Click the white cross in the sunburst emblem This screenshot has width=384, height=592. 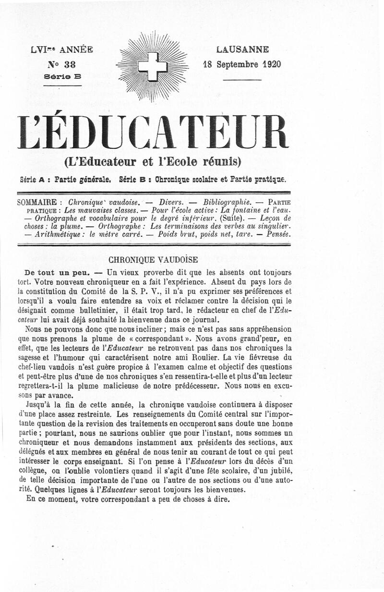point(153,66)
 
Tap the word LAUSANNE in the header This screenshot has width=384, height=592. point(242,49)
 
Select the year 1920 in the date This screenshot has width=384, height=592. point(271,64)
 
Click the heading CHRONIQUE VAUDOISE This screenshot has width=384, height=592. point(153,260)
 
